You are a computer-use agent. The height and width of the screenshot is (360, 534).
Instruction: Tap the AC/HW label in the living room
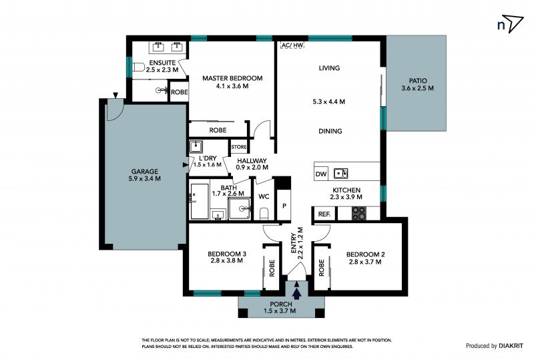[292, 45]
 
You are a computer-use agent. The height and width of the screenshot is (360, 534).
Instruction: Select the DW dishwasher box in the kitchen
[321, 174]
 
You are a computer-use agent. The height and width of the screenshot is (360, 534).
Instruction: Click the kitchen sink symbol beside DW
[340, 174]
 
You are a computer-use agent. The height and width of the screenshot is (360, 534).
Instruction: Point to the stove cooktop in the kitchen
[358, 214]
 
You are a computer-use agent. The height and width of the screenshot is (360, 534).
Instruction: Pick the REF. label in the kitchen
[324, 214]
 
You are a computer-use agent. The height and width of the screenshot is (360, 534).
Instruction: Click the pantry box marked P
[284, 205]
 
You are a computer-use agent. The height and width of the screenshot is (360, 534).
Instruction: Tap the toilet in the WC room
[264, 214]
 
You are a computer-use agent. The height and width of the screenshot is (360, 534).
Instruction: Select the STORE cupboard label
[239, 147]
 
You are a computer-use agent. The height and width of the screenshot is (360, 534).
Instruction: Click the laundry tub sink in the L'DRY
[196, 146]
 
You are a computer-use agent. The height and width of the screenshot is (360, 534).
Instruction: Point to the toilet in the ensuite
[139, 67]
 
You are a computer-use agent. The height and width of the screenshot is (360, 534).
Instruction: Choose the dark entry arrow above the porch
[296, 293]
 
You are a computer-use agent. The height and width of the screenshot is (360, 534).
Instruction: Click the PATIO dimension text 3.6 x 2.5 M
[418, 88]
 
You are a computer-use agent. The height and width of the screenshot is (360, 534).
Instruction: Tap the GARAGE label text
[145, 172]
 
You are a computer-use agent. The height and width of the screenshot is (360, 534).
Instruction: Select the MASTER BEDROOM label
[232, 78]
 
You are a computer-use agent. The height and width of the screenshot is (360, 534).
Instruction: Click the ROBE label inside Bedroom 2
[321, 268]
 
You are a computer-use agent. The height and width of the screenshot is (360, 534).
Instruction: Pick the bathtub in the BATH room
[200, 202]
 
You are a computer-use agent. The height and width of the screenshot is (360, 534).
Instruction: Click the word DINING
[330, 131]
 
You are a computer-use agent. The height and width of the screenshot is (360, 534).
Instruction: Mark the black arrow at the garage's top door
[115, 96]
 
